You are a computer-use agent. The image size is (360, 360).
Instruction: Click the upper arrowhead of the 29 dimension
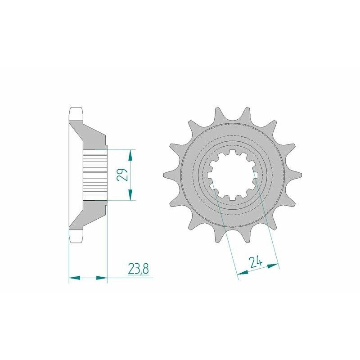130,155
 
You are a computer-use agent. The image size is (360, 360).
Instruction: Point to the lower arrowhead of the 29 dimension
130,195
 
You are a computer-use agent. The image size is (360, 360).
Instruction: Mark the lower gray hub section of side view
92,211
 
